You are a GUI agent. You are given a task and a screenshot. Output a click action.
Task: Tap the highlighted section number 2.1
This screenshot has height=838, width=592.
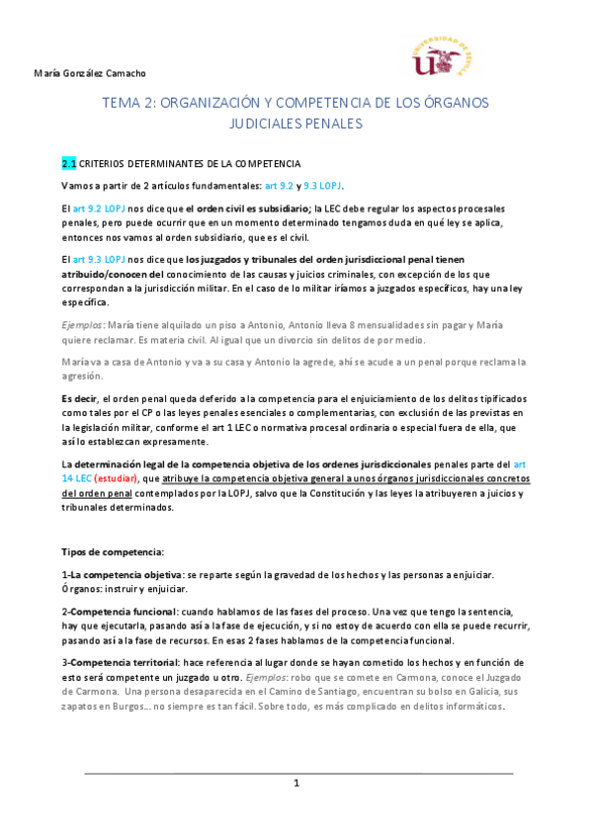[x=68, y=163]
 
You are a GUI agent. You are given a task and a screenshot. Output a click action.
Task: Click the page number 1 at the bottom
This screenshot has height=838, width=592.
[x=296, y=783]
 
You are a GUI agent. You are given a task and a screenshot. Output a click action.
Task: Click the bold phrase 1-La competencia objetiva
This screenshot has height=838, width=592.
[x=122, y=575]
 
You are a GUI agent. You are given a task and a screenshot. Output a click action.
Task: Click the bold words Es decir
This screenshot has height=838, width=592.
[x=80, y=396]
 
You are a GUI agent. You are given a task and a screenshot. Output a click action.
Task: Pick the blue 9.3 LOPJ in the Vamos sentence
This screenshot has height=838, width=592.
[x=321, y=186]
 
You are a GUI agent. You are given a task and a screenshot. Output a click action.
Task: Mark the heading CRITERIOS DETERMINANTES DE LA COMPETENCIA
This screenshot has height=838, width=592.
[x=189, y=163]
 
